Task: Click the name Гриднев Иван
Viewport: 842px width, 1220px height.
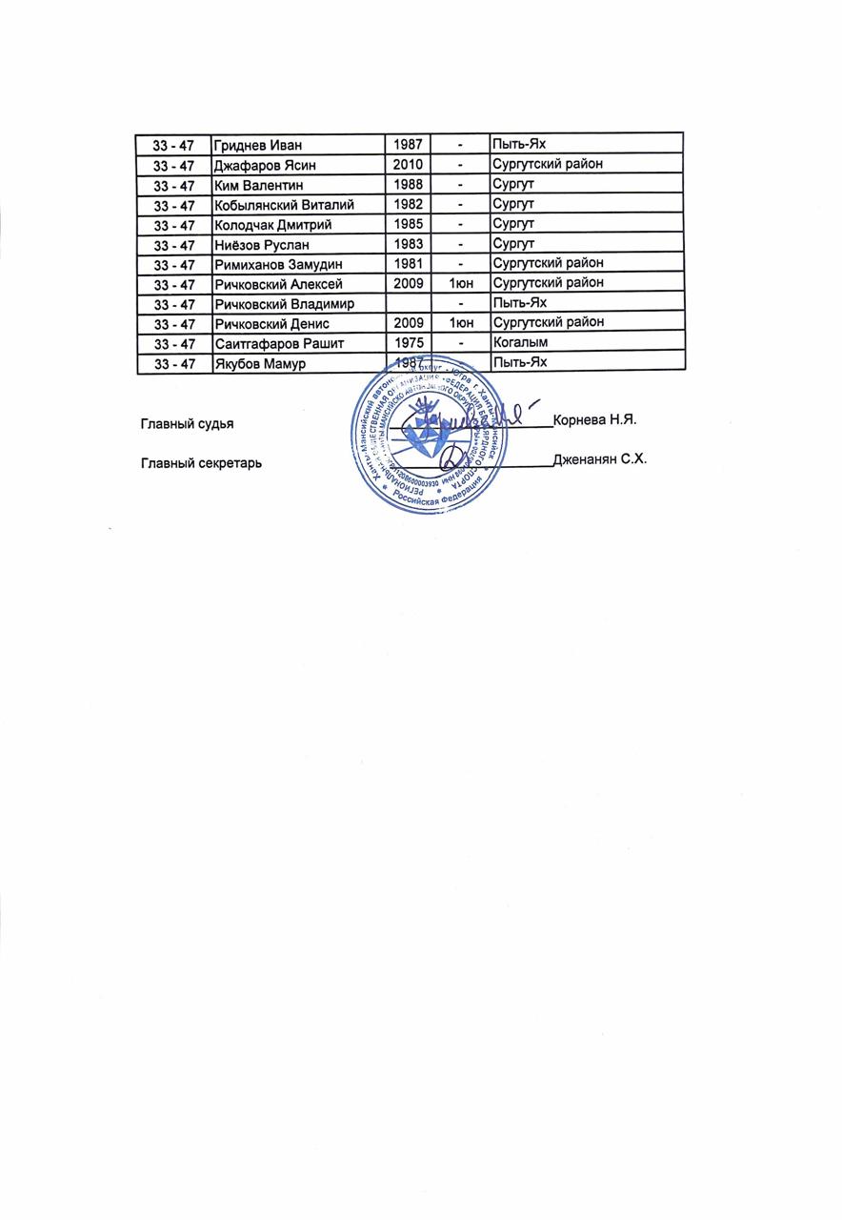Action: point(257,145)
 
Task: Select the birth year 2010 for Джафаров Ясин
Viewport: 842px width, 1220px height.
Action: point(408,165)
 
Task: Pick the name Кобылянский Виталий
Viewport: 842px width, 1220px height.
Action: point(285,205)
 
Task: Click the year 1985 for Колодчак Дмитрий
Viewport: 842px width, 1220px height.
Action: point(408,224)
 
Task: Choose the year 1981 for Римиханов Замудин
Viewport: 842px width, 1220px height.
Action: point(408,263)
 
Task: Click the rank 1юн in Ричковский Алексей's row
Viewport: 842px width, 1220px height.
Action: point(459,283)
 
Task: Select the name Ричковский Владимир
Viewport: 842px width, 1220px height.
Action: point(285,303)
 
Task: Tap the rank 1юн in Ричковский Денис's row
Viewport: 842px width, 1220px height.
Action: point(459,323)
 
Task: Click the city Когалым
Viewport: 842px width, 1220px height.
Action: point(520,342)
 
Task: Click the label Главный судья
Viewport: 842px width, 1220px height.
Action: point(187,422)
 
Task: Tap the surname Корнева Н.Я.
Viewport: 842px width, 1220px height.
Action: point(600,420)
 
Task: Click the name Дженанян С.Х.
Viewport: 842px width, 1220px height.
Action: point(600,459)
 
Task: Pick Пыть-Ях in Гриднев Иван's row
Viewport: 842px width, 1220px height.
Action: point(519,145)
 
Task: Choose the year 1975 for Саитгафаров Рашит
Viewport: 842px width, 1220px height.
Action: point(408,342)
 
